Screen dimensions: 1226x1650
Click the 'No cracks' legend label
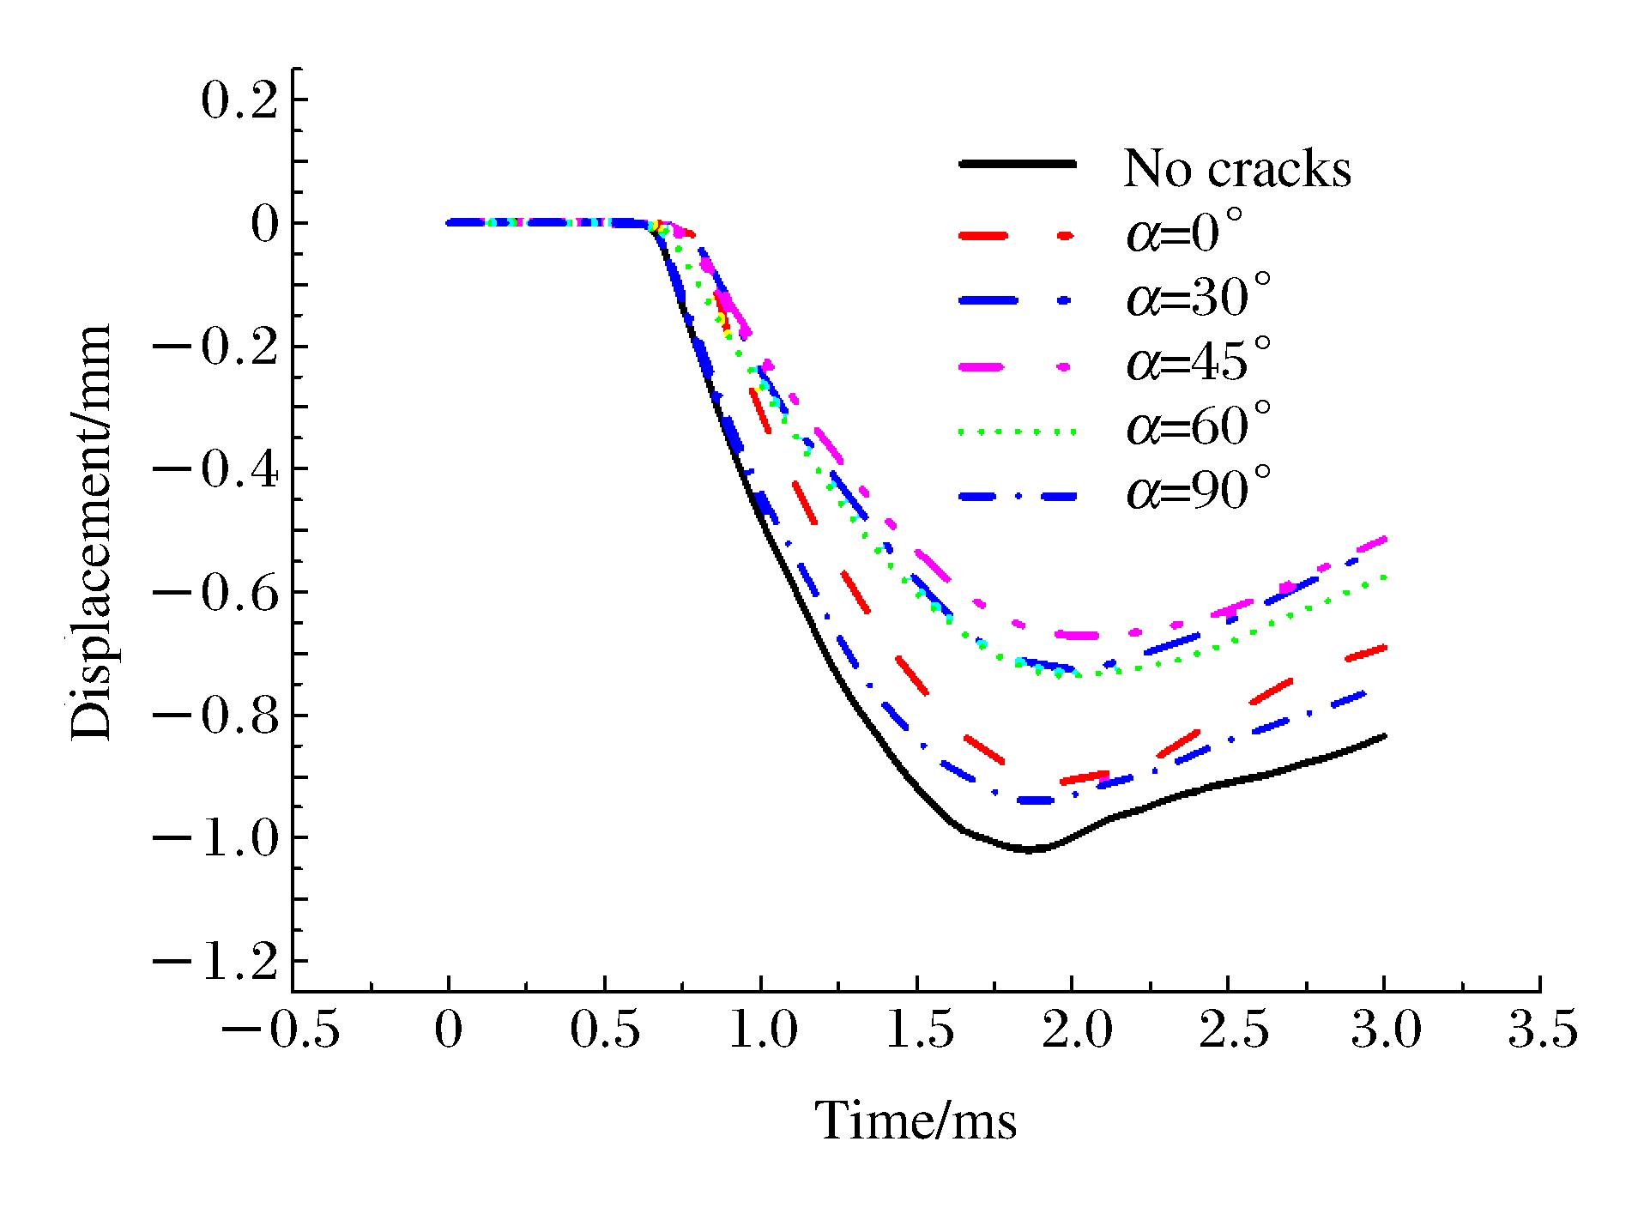click(1236, 168)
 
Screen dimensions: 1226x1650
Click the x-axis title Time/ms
click(916, 1120)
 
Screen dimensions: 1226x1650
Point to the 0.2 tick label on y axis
click(240, 100)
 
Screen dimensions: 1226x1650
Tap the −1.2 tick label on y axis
click(216, 962)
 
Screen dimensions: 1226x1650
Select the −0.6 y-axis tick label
click(216, 593)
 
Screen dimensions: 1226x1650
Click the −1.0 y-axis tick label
click(216, 838)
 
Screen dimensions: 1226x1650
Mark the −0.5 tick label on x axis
click(281, 1030)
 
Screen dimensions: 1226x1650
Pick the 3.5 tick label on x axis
click(1542, 1030)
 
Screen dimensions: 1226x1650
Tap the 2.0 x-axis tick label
click(1077, 1030)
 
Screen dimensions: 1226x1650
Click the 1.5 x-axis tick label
click(919, 1030)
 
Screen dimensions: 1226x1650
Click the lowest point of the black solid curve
click(1030, 849)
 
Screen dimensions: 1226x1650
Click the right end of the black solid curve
click(1384, 736)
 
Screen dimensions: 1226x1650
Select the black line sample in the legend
click(1017, 163)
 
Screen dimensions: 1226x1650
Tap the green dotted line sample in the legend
click(1017, 432)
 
